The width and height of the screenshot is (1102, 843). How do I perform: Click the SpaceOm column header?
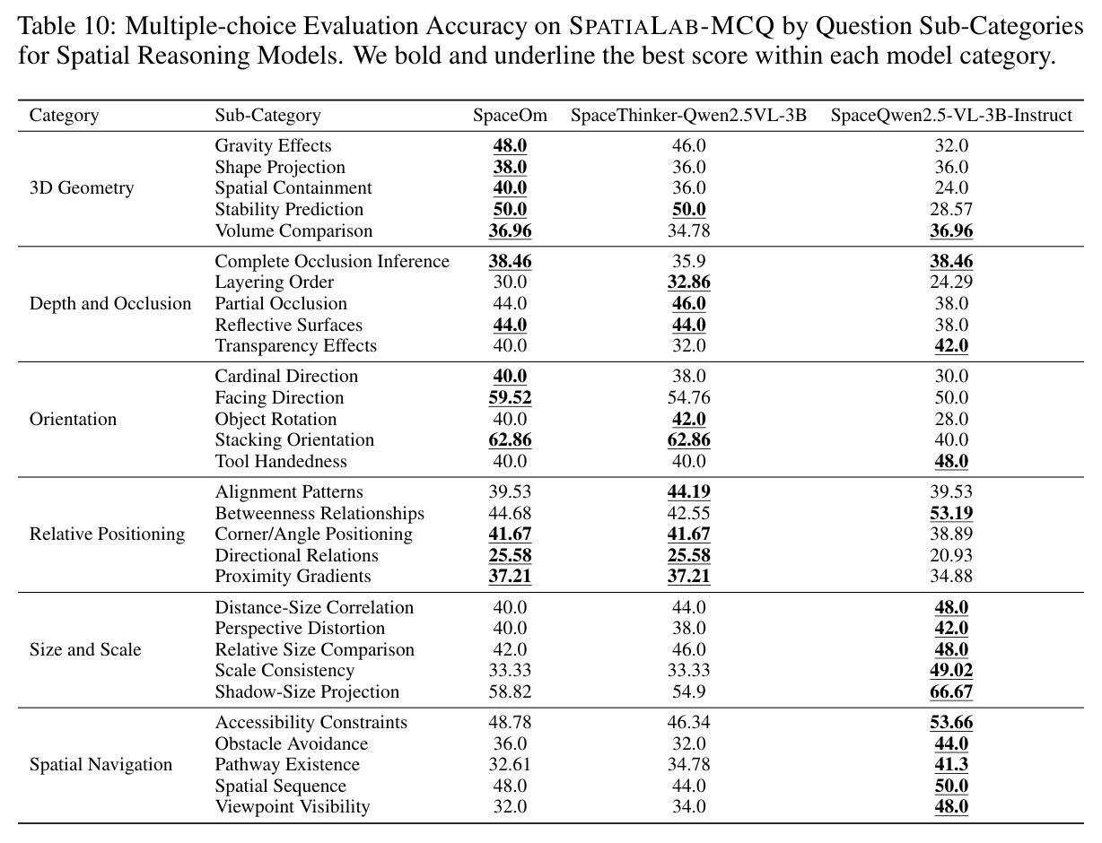click(x=510, y=115)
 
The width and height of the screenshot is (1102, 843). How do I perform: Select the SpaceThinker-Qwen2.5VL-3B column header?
click(x=688, y=116)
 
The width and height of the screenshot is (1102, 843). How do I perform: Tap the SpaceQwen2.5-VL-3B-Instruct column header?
click(x=951, y=116)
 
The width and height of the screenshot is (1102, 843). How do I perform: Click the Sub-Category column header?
click(x=267, y=116)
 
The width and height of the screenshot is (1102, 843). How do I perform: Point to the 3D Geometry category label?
click(x=82, y=188)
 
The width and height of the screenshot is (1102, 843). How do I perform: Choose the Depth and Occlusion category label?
click(x=110, y=303)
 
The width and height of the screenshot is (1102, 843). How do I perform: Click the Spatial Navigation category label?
click(x=101, y=764)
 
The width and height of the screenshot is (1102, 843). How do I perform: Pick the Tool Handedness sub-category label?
click(x=281, y=461)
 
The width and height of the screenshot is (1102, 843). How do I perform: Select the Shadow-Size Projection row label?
click(x=307, y=691)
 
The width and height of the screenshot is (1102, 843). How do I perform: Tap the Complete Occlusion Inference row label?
click(x=332, y=261)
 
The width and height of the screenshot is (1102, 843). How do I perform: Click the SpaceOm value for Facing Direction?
click(x=511, y=397)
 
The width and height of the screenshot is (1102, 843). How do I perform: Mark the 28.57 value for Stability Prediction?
click(x=951, y=209)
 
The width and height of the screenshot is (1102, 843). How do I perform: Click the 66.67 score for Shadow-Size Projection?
click(x=951, y=691)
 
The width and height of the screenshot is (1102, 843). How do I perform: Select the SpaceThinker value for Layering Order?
click(x=688, y=282)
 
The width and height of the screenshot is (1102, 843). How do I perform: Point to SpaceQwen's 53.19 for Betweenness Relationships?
click(x=951, y=513)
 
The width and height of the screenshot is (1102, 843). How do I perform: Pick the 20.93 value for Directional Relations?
click(x=951, y=555)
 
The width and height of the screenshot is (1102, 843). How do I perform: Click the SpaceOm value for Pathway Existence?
click(x=510, y=764)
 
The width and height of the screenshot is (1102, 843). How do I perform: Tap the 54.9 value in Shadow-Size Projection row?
click(x=688, y=691)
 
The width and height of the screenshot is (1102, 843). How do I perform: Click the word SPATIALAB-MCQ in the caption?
click(x=671, y=26)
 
